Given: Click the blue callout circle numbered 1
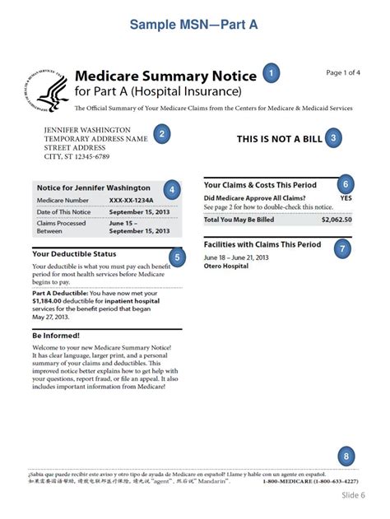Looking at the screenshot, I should tap(272, 74).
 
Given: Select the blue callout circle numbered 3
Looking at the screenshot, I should tap(332, 139).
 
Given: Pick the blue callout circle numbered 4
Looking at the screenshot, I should tap(171, 189).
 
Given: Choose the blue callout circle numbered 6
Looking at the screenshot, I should tap(346, 184).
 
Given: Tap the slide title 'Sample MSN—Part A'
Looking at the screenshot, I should tap(194, 25).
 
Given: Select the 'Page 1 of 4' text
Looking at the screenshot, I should tap(343, 73).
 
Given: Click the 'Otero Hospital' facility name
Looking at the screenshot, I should tap(227, 266).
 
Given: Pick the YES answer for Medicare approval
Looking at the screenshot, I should tap(346, 198).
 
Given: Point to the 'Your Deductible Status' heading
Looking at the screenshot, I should tap(74, 254).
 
